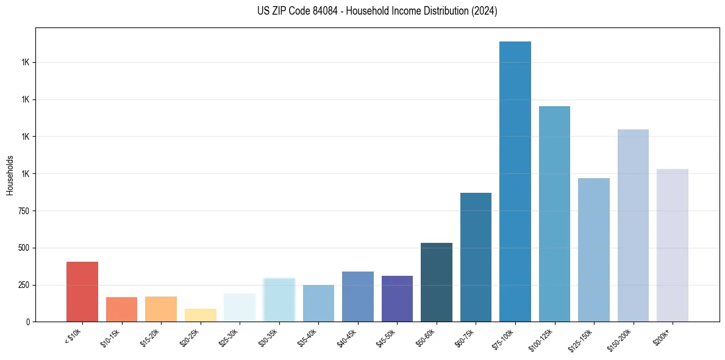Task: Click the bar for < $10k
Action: tap(82, 292)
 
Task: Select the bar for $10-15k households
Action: tap(121, 309)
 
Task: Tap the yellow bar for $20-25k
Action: tap(200, 315)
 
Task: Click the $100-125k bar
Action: tap(554, 214)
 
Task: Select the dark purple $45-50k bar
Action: tap(397, 298)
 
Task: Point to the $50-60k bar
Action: tap(437, 282)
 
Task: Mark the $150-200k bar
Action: tap(633, 225)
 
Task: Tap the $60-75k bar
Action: tap(476, 257)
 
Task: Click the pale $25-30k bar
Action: tap(240, 308)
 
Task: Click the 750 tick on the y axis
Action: tap(24, 211)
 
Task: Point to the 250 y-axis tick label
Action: tap(24, 285)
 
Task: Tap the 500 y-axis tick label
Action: tap(24, 248)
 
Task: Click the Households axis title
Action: tap(10, 175)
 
